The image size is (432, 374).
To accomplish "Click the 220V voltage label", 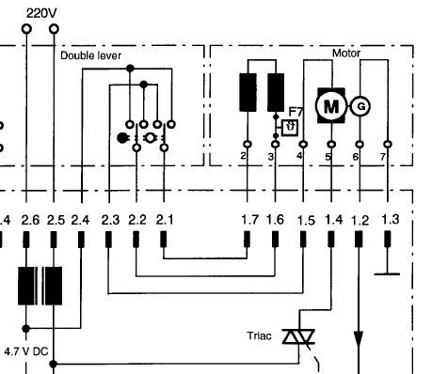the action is pos(41,13).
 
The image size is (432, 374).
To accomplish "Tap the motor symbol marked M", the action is pos(331,106).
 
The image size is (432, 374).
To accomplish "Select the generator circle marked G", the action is pos(360,106).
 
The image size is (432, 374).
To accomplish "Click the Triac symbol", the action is pos(298,337).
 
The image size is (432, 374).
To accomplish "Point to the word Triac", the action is pos(259,335).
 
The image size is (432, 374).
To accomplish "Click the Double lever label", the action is pos(90,55).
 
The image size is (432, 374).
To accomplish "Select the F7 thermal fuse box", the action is pos(290,128).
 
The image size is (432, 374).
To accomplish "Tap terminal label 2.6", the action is pos(30,220).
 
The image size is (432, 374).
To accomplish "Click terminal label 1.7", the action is pos(249,220).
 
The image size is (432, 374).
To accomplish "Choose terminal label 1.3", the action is pos(391,219).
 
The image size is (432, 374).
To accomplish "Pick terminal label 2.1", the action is pos(165,220).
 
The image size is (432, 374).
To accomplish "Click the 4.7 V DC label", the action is pos(26,351).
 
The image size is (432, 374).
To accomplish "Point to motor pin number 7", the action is pos(383,156).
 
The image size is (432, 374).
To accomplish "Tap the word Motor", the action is pos(346,54).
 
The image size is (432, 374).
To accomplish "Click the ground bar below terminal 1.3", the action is pos(387,274).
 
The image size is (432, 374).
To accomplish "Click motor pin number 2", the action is pos(243,156).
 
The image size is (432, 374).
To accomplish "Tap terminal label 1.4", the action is pos(333,220).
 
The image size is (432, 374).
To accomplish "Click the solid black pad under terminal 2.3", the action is pos(108,240).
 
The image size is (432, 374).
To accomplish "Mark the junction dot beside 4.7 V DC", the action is pos(26,329).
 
